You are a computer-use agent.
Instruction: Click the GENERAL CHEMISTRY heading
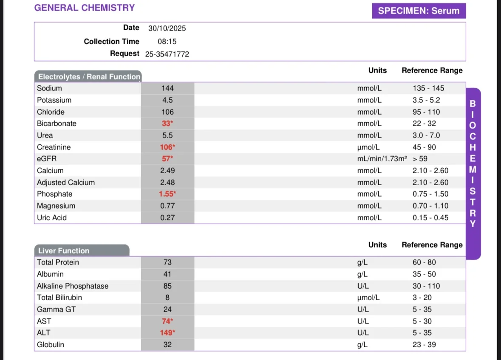coord(85,8)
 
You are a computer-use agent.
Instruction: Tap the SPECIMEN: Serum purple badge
coord(419,11)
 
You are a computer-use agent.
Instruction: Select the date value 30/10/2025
coord(167,28)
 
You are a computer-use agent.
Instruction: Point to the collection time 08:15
coord(167,42)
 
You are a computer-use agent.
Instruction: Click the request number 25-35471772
coord(167,54)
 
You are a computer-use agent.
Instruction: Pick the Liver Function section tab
coord(82,250)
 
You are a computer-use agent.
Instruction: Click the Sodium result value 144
coord(167,88)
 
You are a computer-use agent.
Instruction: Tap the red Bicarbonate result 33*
coord(167,124)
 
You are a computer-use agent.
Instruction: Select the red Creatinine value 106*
coord(167,147)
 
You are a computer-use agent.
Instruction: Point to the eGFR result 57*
coord(167,159)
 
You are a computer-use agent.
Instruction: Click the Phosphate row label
coord(55,194)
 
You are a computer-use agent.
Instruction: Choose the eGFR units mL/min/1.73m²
coord(382,159)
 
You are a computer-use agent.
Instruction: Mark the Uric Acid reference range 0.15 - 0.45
coord(430,218)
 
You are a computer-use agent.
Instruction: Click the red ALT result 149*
coord(167,333)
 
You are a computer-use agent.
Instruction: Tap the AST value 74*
coord(167,321)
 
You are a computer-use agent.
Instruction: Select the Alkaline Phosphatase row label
coord(73,286)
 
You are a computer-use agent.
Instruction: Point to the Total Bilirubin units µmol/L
coord(368,298)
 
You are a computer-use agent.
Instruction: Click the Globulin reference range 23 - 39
coord(424,345)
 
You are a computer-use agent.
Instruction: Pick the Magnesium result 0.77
coord(167,206)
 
